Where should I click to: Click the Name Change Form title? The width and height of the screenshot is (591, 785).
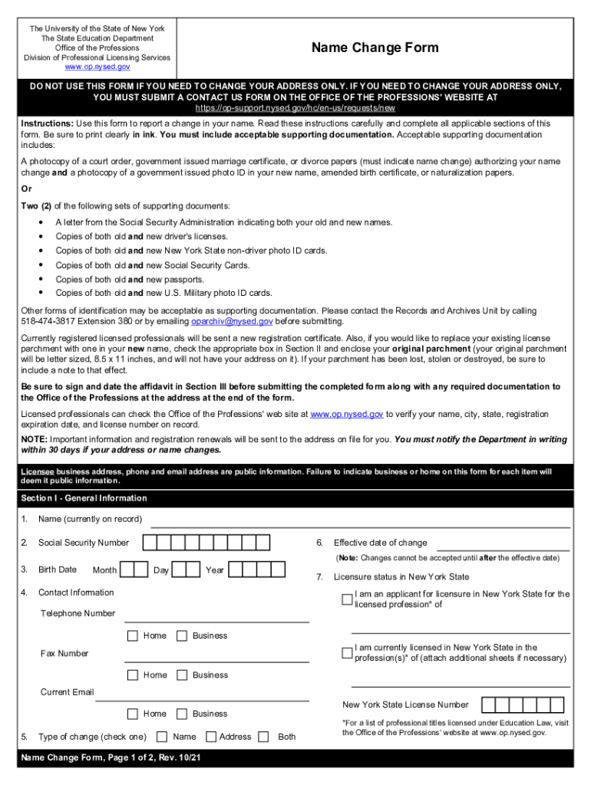coord(375,48)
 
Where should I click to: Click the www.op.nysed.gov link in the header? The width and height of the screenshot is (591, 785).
coord(97,67)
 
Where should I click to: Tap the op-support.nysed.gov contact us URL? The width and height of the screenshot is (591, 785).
coord(295,108)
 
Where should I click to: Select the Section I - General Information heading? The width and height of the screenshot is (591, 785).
coord(84,498)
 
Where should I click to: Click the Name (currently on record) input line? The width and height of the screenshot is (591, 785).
coord(360,521)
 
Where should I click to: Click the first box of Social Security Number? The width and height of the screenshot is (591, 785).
coord(150,543)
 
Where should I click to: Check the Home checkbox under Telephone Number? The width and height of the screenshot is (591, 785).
coord(133,636)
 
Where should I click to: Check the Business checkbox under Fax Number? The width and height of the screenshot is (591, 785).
coord(182,675)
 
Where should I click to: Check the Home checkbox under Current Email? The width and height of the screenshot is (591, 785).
coord(133,714)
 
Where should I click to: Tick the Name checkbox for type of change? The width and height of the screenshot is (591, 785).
coord(162,737)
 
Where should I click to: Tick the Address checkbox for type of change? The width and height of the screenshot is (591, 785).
coord(211,737)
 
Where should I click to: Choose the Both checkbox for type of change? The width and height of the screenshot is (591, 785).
coord(263,737)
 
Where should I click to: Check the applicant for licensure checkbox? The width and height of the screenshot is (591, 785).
coord(347,599)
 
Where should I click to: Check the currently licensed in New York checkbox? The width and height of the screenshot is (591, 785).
coord(347,653)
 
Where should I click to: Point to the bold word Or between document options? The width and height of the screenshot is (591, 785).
coord(27,189)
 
